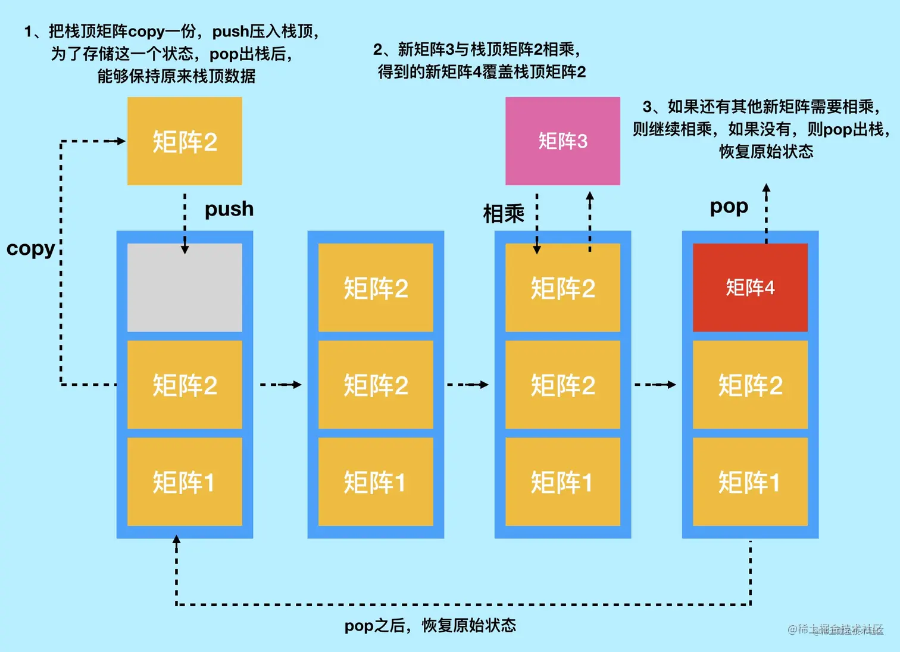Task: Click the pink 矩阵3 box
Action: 562,141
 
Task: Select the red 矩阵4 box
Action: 750,288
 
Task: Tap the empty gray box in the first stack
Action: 185,288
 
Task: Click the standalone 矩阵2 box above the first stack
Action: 185,141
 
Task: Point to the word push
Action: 229,209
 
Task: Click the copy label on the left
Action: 30,248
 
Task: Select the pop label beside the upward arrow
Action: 729,207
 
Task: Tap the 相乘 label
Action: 504,214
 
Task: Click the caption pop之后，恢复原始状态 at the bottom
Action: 430,625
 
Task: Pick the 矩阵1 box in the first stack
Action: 185,482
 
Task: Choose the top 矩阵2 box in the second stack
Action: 376,288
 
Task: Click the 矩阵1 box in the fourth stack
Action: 750,482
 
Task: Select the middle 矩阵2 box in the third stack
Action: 562,385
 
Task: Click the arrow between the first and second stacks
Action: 280,385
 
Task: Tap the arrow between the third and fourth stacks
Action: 655,385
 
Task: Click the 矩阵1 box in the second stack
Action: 376,482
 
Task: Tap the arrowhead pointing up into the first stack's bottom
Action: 176,539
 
